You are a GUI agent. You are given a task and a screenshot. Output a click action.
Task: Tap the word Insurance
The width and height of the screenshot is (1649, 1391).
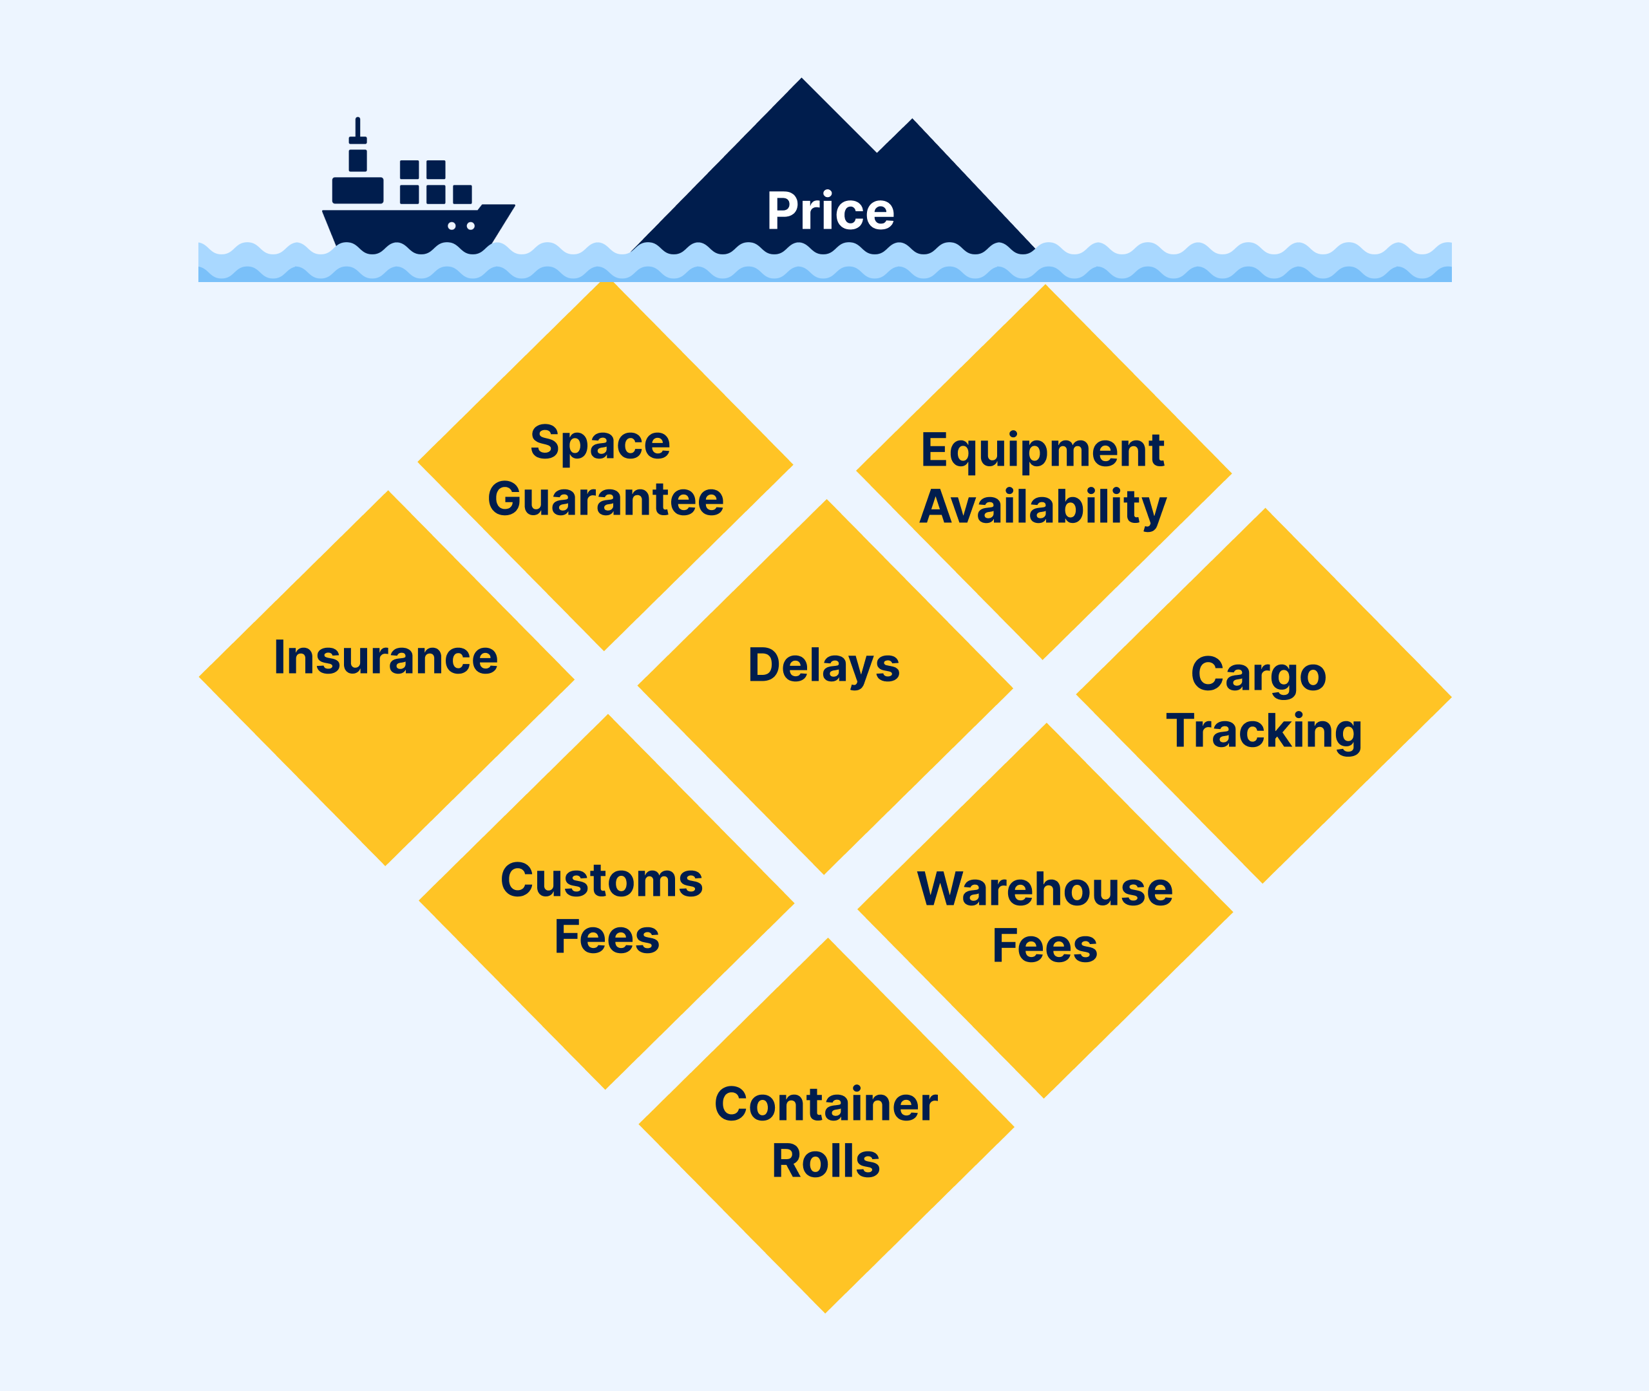pyautogui.click(x=386, y=657)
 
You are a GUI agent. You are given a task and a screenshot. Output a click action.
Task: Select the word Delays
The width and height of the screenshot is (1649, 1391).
pyautogui.click(x=823, y=667)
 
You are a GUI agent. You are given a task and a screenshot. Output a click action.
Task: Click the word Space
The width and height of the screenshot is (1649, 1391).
pyautogui.click(x=600, y=443)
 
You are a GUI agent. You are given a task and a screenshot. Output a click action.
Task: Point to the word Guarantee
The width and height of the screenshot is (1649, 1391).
pyautogui.click(x=605, y=499)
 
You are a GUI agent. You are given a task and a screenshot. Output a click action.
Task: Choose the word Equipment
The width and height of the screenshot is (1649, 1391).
pyautogui.click(x=1043, y=452)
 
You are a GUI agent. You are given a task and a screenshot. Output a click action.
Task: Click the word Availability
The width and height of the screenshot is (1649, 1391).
pyautogui.click(x=1043, y=508)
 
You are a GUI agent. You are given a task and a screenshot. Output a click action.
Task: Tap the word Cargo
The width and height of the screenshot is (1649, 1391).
pyautogui.click(x=1259, y=676)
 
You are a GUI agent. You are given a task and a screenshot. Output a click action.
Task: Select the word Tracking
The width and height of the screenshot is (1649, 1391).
pyautogui.click(x=1263, y=732)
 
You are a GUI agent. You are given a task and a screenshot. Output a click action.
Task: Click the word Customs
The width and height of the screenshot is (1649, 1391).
pyautogui.click(x=602, y=880)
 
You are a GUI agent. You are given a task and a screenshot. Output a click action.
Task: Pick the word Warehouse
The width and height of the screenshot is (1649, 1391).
pyautogui.click(x=1045, y=889)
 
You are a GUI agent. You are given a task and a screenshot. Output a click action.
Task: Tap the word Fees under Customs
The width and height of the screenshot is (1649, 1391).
pyautogui.click(x=606, y=937)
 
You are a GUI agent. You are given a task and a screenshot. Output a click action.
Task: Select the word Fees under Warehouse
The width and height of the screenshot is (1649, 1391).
pyautogui.click(x=1045, y=945)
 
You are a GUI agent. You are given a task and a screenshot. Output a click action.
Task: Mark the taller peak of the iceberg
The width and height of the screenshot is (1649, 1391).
pyautogui.click(x=801, y=79)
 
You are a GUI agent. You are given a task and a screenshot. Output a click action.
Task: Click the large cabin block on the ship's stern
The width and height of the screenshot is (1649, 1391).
pyautogui.click(x=358, y=190)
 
